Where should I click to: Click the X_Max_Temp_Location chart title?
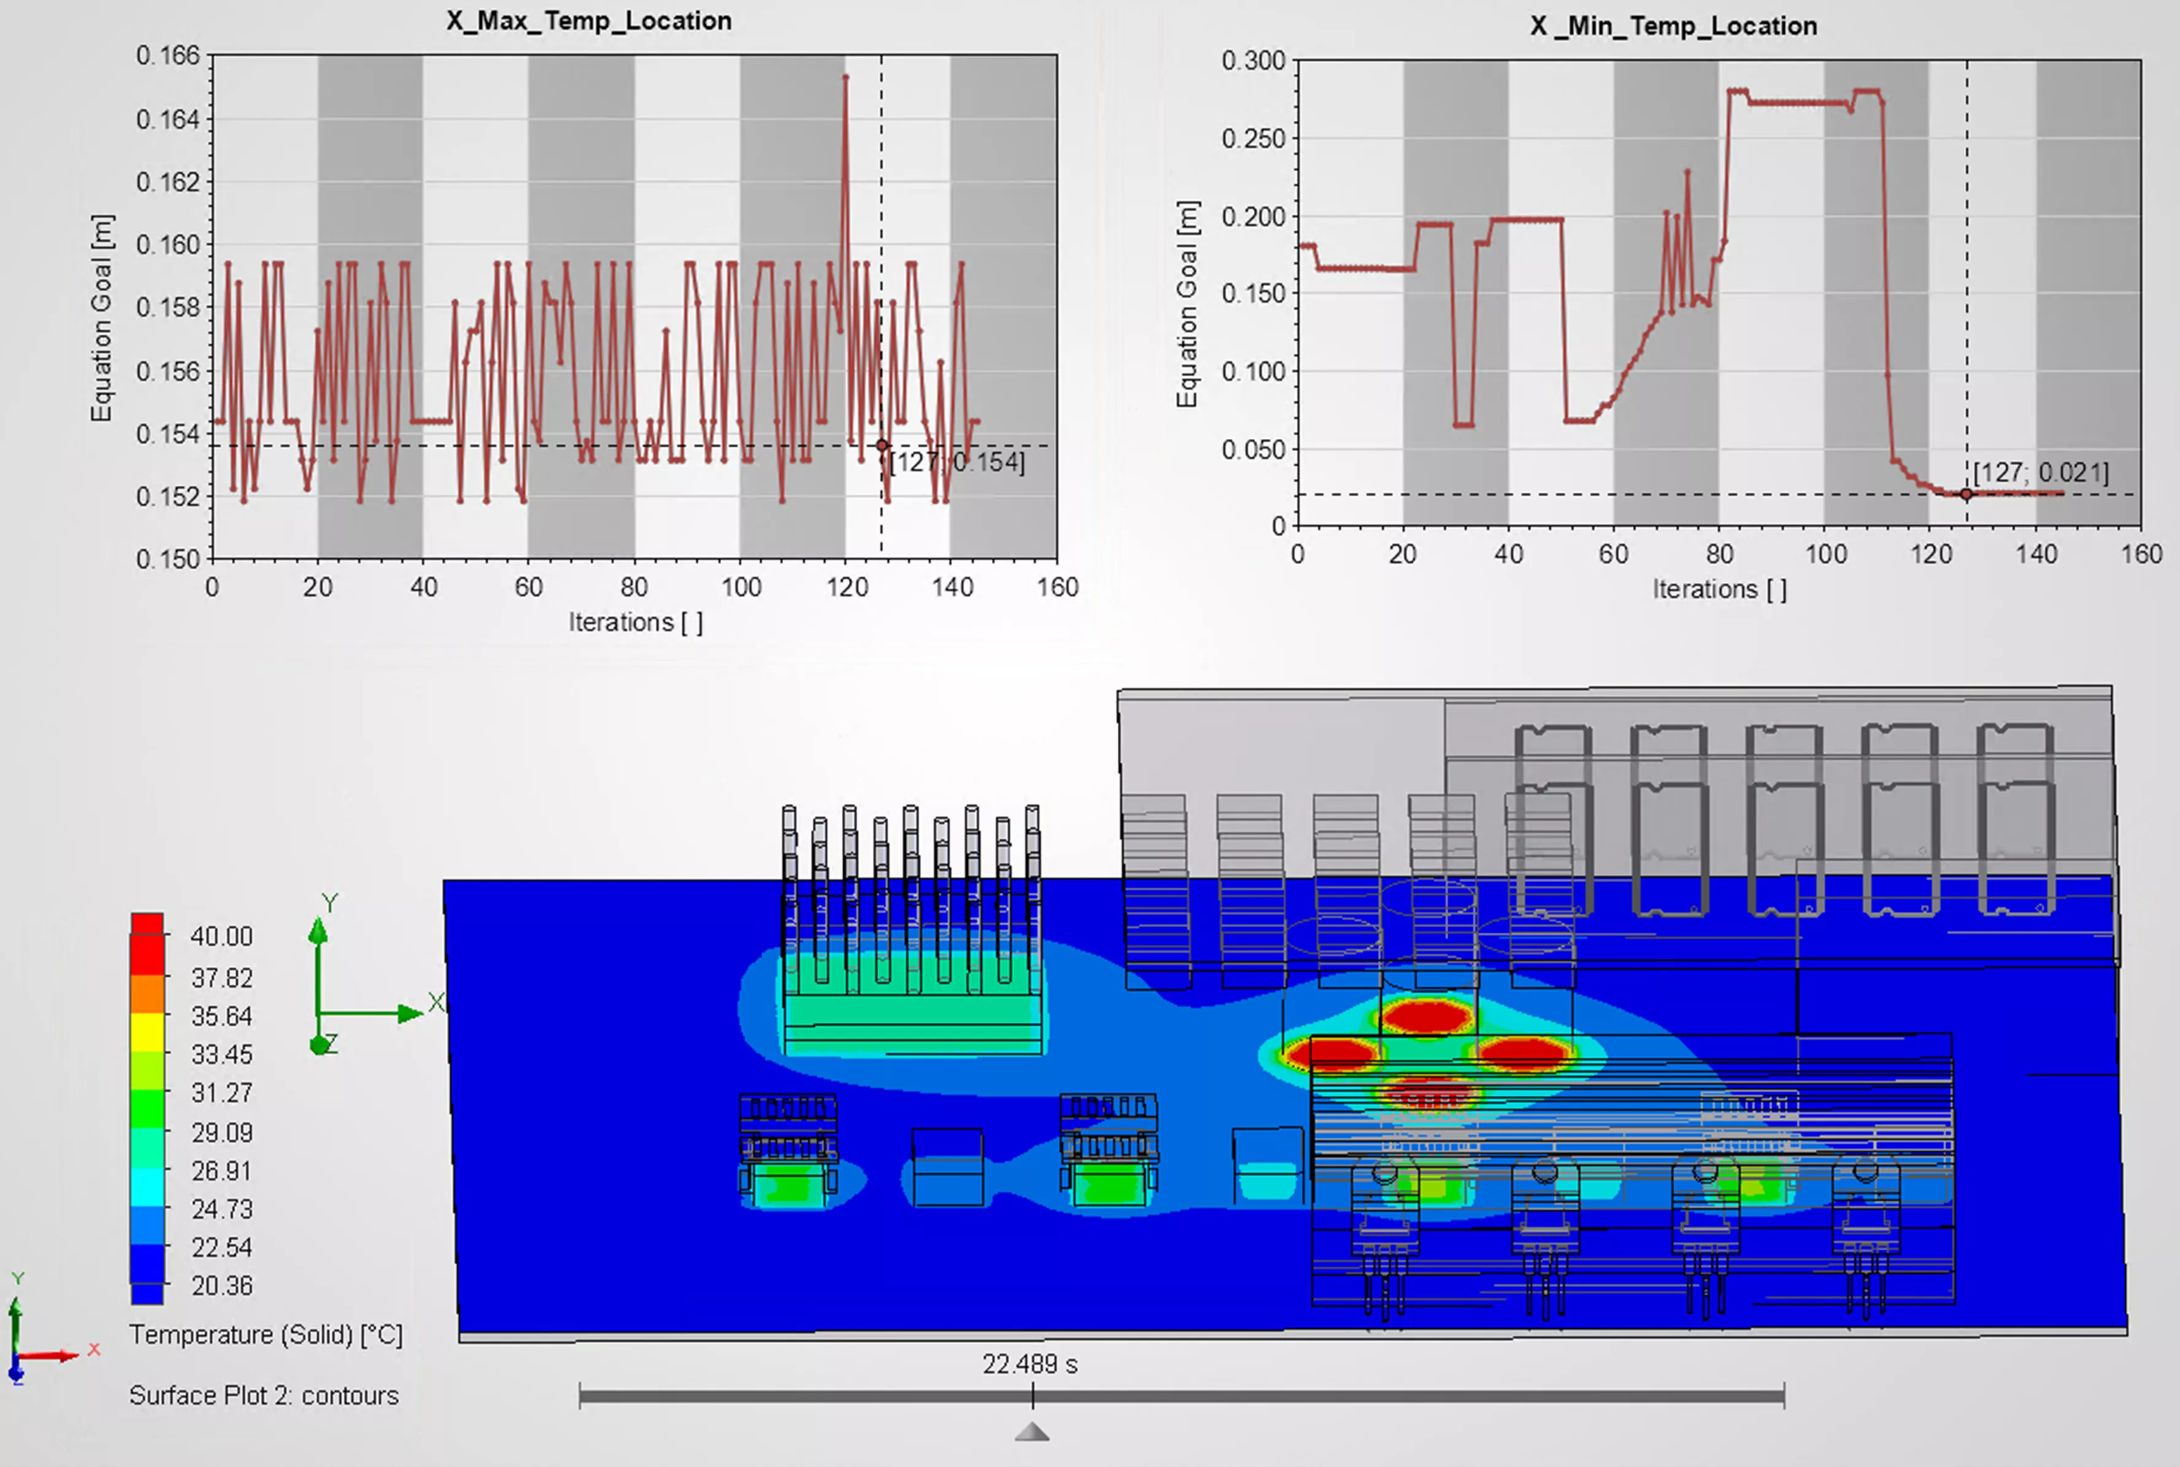pyautogui.click(x=589, y=21)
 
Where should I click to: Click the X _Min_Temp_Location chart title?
pyautogui.click(x=1673, y=26)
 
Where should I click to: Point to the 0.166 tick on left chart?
pyautogui.click(x=168, y=56)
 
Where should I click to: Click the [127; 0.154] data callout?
pyautogui.click(x=956, y=462)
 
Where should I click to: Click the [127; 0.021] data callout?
pyautogui.click(x=2041, y=472)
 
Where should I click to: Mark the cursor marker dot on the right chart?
pyautogui.click(x=1966, y=494)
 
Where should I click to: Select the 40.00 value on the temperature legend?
pyautogui.click(x=222, y=936)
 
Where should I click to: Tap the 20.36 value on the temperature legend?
pyautogui.click(x=222, y=1287)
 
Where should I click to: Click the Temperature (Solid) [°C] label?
pyautogui.click(x=266, y=1335)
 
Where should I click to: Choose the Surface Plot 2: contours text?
pyautogui.click(x=264, y=1396)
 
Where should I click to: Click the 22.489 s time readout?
pyautogui.click(x=1029, y=1365)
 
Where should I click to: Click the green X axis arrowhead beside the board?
pyautogui.click(x=410, y=1013)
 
